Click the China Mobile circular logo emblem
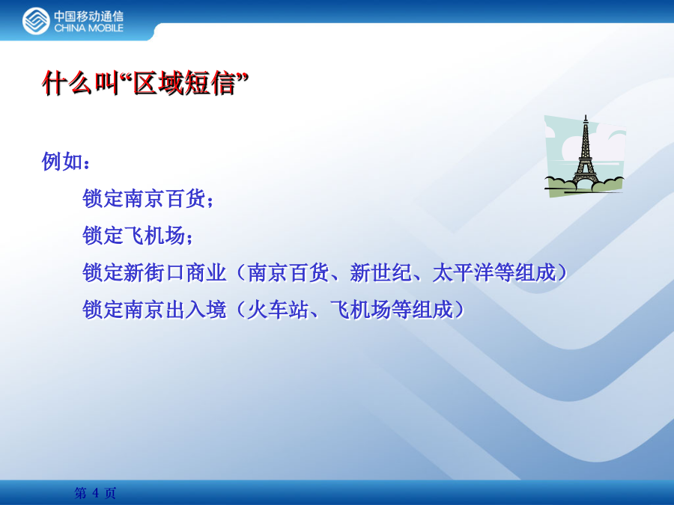coord(36,21)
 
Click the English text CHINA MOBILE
coord(88,28)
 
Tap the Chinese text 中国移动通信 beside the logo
coord(88,16)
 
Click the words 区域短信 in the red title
coord(185,83)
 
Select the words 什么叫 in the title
coord(80,83)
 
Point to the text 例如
coord(62,162)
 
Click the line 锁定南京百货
coord(144,198)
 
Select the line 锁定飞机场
coord(134,236)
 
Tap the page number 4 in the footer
coord(95,492)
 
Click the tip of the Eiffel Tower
coord(585,115)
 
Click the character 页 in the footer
coord(111,492)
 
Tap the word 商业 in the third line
coord(207,272)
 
